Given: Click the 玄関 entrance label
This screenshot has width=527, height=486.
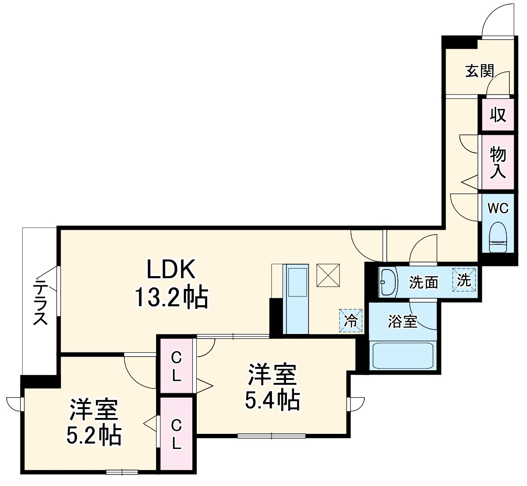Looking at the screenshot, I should click(x=479, y=71).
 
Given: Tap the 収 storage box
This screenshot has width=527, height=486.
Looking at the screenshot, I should click(x=498, y=115).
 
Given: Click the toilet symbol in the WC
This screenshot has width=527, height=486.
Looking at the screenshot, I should click(x=498, y=238).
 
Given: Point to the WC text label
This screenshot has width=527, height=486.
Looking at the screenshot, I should click(x=498, y=208).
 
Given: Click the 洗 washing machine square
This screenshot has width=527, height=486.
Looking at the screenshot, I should click(x=464, y=281).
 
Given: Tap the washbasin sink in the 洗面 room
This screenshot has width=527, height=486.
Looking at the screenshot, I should click(x=388, y=282).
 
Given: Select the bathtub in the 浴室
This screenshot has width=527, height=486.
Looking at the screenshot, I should click(x=402, y=356).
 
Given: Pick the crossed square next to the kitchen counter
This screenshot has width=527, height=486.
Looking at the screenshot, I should click(x=328, y=275).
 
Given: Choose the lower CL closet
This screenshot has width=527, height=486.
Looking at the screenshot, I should click(x=176, y=434).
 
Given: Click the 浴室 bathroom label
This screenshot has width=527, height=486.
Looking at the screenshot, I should click(x=402, y=322).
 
